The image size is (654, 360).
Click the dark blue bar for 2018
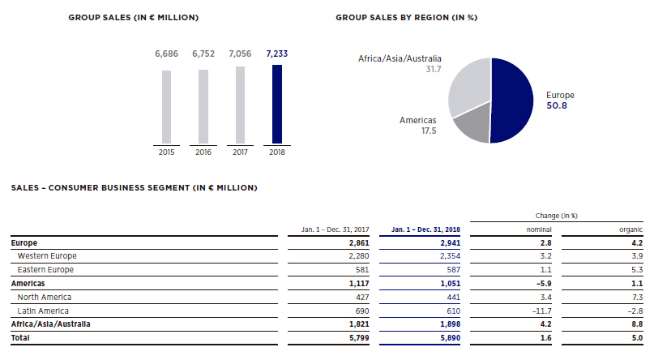click(278, 104)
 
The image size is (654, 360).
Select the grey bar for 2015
click(166, 106)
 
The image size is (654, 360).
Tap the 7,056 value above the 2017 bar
click(241, 54)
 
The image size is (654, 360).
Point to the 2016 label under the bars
click(203, 151)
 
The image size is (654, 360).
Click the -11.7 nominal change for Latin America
click(539, 311)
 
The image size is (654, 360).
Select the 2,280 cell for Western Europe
click(357, 256)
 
